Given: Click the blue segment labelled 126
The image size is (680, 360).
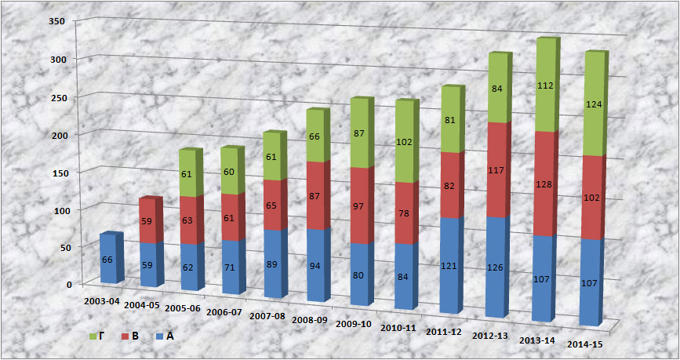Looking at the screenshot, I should pyautogui.click(x=496, y=267).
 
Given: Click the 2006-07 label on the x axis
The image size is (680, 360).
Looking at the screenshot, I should pyautogui.click(x=226, y=312).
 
